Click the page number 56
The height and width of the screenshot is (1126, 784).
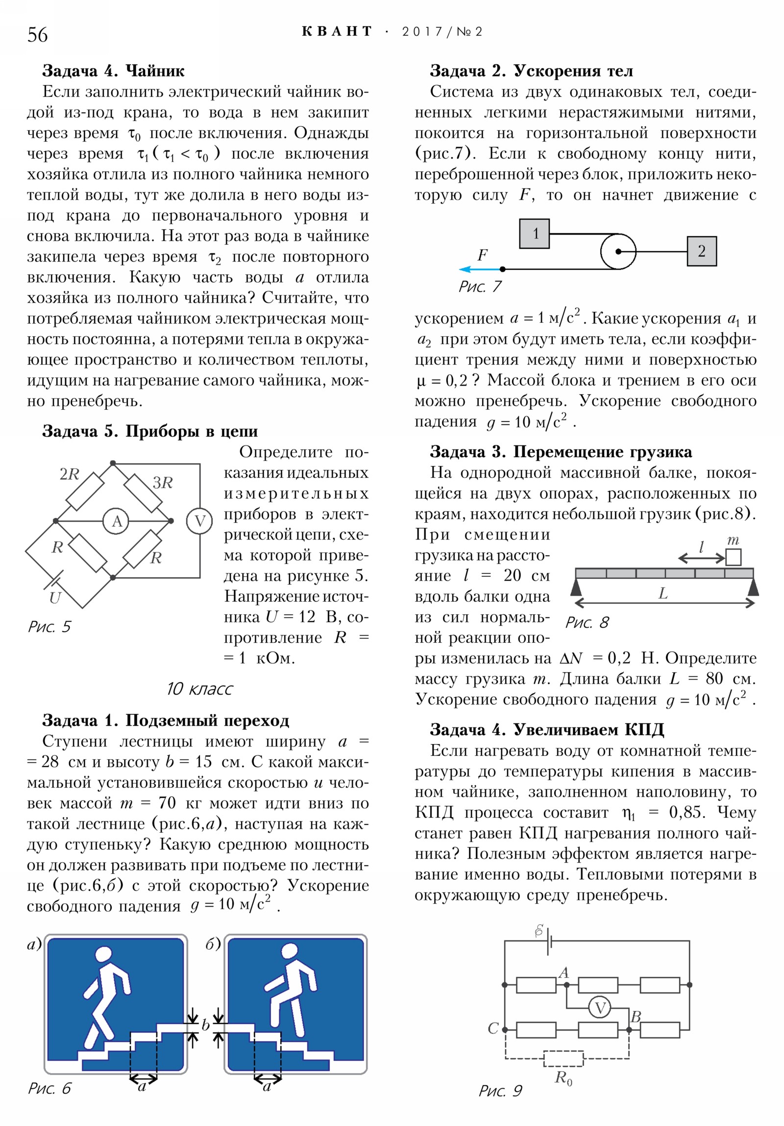pyautogui.click(x=37, y=35)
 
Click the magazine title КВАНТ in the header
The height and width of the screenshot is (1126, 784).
pyautogui.click(x=337, y=32)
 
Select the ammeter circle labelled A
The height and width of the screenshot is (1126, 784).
pyautogui.click(x=116, y=521)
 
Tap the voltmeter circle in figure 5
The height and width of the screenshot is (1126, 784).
pyautogui.click(x=199, y=521)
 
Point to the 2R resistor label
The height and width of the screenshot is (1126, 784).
pyautogui.click(x=69, y=474)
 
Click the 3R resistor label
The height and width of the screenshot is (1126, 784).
pyautogui.click(x=163, y=483)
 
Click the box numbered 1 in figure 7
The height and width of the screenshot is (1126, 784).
pyautogui.click(x=534, y=234)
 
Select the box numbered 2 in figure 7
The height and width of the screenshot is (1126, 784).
pyautogui.click(x=701, y=251)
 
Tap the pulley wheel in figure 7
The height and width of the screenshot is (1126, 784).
pyautogui.click(x=618, y=251)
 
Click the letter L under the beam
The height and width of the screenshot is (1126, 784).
pyautogui.click(x=663, y=593)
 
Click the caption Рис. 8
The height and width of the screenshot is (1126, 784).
pyautogui.click(x=586, y=622)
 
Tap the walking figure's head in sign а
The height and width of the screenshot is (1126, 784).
pyautogui.click(x=103, y=955)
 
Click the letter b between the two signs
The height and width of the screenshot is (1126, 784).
pyautogui.click(x=206, y=1025)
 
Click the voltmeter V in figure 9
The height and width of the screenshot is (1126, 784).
pyautogui.click(x=599, y=1009)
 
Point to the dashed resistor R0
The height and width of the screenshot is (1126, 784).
pyautogui.click(x=563, y=1058)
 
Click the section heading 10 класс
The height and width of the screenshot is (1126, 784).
pyautogui.click(x=199, y=688)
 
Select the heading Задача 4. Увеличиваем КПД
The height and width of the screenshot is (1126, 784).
pyautogui.click(x=546, y=730)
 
